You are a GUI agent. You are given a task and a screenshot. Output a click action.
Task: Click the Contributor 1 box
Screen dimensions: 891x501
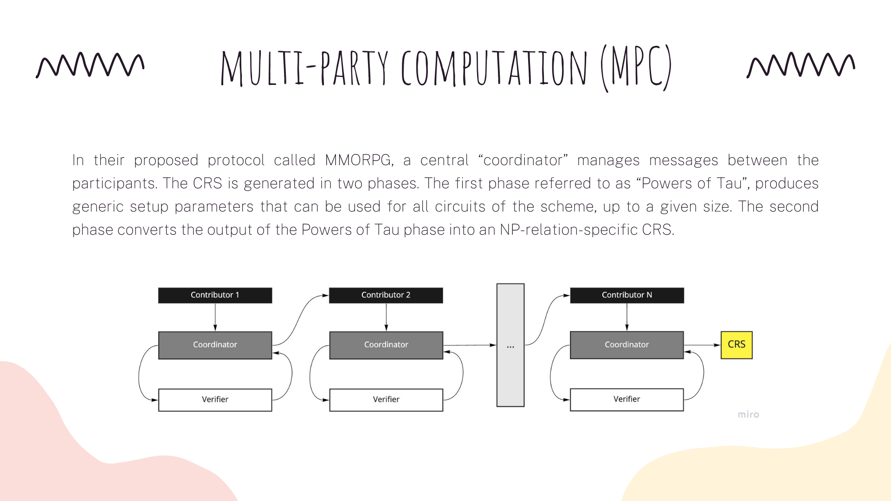[215, 295]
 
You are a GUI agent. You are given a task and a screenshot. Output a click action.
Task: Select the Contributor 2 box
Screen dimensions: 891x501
[386, 295]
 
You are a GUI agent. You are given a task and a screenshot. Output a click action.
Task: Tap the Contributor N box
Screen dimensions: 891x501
[626, 295]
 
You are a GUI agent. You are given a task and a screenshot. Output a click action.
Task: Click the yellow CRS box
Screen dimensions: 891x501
[736, 345]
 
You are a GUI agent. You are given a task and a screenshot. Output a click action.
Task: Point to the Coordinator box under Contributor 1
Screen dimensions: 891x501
[215, 345]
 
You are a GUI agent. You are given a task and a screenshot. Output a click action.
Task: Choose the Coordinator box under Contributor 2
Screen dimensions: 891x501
[386, 345]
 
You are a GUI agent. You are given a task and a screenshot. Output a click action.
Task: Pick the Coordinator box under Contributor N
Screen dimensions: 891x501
[626, 345]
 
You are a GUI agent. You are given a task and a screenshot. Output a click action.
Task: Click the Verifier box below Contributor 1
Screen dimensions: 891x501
[215, 399]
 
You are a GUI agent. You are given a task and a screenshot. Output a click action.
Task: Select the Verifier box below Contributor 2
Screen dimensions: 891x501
[386, 399]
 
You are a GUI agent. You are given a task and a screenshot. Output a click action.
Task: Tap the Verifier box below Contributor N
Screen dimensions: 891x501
[626, 399]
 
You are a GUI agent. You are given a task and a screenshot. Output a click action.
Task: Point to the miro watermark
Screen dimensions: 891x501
[748, 414]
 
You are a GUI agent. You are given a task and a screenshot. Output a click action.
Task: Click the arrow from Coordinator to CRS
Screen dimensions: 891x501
[702, 345]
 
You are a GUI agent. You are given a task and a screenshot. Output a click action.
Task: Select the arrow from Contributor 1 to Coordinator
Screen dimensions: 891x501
[215, 317]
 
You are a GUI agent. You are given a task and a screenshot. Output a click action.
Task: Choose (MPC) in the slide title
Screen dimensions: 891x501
[636, 68]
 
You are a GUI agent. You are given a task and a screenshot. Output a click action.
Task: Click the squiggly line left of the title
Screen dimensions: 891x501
[90, 64]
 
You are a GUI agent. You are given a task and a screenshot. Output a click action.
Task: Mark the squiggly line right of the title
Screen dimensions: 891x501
[801, 64]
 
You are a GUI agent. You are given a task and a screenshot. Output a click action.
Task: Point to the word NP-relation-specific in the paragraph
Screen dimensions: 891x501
[568, 230]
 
